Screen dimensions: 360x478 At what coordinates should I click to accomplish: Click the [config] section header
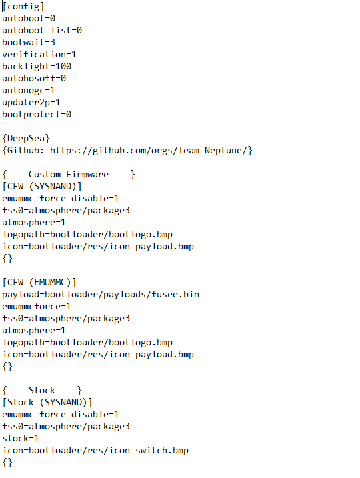coord(23,7)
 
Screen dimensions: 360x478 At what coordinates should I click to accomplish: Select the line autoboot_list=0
coord(42,31)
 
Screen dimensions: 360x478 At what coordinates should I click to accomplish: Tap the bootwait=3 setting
coord(29,43)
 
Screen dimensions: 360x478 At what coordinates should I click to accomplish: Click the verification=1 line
coord(39,55)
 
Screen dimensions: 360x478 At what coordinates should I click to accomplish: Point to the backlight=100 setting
coord(37,67)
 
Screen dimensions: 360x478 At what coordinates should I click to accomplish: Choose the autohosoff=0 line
coord(34,79)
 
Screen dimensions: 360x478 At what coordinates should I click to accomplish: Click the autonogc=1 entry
coord(29,91)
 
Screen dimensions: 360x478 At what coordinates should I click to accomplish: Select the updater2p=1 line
coord(31,103)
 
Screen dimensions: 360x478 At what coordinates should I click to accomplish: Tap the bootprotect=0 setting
coord(37,115)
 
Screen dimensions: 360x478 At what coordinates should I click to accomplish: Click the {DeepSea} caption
coord(26,139)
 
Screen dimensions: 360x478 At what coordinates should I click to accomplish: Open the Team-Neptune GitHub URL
coord(151,150)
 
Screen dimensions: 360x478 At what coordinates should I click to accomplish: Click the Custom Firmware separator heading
coord(69,175)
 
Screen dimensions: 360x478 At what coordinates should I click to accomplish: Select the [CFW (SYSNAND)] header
coord(42,186)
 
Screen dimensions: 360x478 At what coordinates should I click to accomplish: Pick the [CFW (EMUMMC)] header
coord(39,282)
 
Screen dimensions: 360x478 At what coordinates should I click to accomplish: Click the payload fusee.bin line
coord(101,295)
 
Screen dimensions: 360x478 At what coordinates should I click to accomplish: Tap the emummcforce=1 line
coord(37,307)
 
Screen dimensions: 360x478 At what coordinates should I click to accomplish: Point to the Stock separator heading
coord(42,391)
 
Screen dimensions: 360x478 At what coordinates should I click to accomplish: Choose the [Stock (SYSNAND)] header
coord(47,403)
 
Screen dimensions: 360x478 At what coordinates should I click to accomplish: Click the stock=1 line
coord(21,439)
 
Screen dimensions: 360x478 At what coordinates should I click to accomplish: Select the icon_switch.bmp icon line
coord(95,451)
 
